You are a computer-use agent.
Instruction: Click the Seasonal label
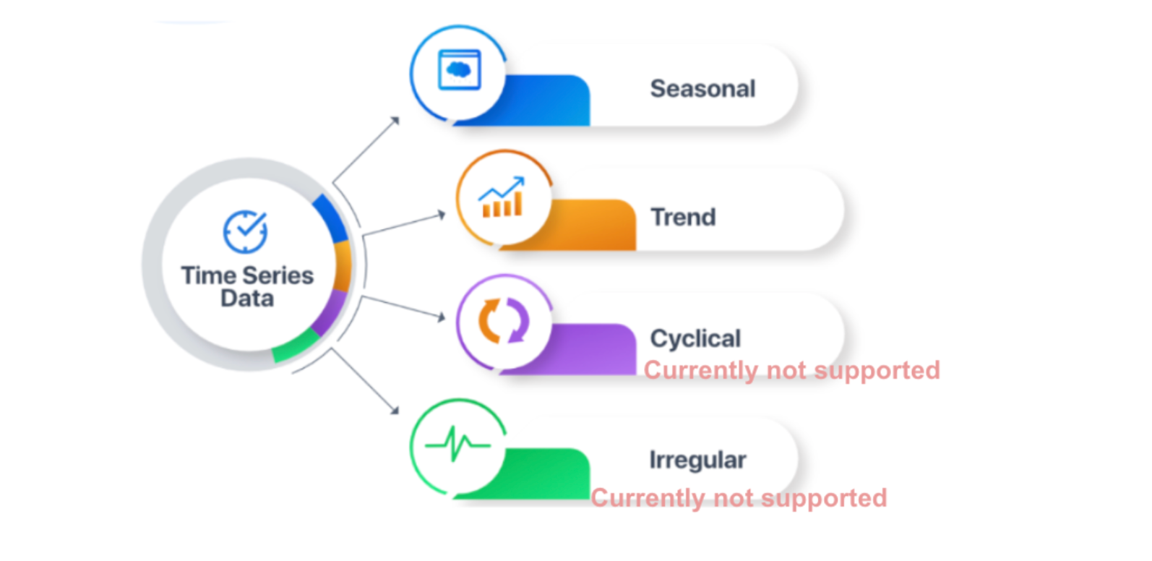point(702,88)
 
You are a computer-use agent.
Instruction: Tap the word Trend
point(683,217)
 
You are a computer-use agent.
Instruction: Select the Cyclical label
point(695,338)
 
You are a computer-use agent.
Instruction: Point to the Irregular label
point(697,460)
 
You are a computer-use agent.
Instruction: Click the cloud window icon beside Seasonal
point(459,69)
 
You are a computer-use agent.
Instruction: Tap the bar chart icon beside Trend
point(502,197)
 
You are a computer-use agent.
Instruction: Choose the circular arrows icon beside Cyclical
point(504,320)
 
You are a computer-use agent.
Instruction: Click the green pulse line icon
point(457,444)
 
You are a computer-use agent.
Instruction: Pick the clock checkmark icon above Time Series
point(245,231)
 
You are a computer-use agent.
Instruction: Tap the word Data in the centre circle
point(247,299)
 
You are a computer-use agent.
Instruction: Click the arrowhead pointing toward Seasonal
point(395,121)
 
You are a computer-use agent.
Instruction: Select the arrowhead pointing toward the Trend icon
point(441,215)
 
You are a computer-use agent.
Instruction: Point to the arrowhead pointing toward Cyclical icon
point(441,317)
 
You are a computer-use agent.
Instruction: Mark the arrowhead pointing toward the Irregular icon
point(395,410)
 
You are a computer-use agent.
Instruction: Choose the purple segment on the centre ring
point(331,312)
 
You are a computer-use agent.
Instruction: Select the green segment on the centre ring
point(296,346)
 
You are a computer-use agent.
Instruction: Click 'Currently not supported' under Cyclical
point(792,371)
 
